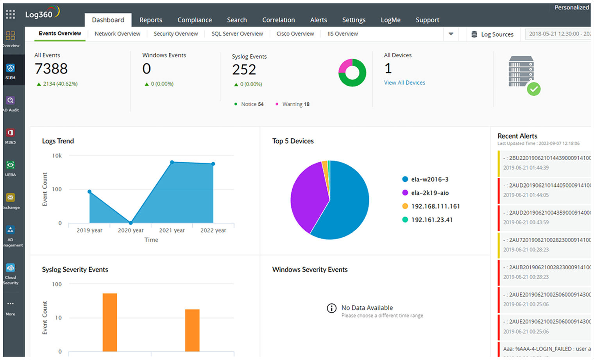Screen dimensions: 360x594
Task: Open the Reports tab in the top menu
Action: pos(150,20)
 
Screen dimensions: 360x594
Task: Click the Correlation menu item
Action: pos(278,20)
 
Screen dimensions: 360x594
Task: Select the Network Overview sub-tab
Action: pos(117,34)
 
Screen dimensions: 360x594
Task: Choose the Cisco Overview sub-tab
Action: pos(295,34)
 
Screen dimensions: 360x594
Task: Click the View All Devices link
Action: pos(404,82)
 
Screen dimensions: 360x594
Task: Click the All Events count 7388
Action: pos(51,69)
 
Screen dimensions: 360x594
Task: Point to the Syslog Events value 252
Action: pos(244,70)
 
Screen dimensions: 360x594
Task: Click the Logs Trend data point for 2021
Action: pos(172,162)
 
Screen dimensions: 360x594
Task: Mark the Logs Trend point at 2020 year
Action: pos(131,223)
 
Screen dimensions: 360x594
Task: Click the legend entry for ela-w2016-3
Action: pos(429,179)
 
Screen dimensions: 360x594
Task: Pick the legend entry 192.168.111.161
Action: pos(435,206)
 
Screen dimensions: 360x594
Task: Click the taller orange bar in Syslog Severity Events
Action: pos(110,322)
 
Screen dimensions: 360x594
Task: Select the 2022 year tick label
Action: pos(213,230)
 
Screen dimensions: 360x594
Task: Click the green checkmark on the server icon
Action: pos(533,89)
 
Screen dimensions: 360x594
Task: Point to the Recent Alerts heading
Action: pos(517,136)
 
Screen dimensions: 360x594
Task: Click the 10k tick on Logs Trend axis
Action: pos(57,156)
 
